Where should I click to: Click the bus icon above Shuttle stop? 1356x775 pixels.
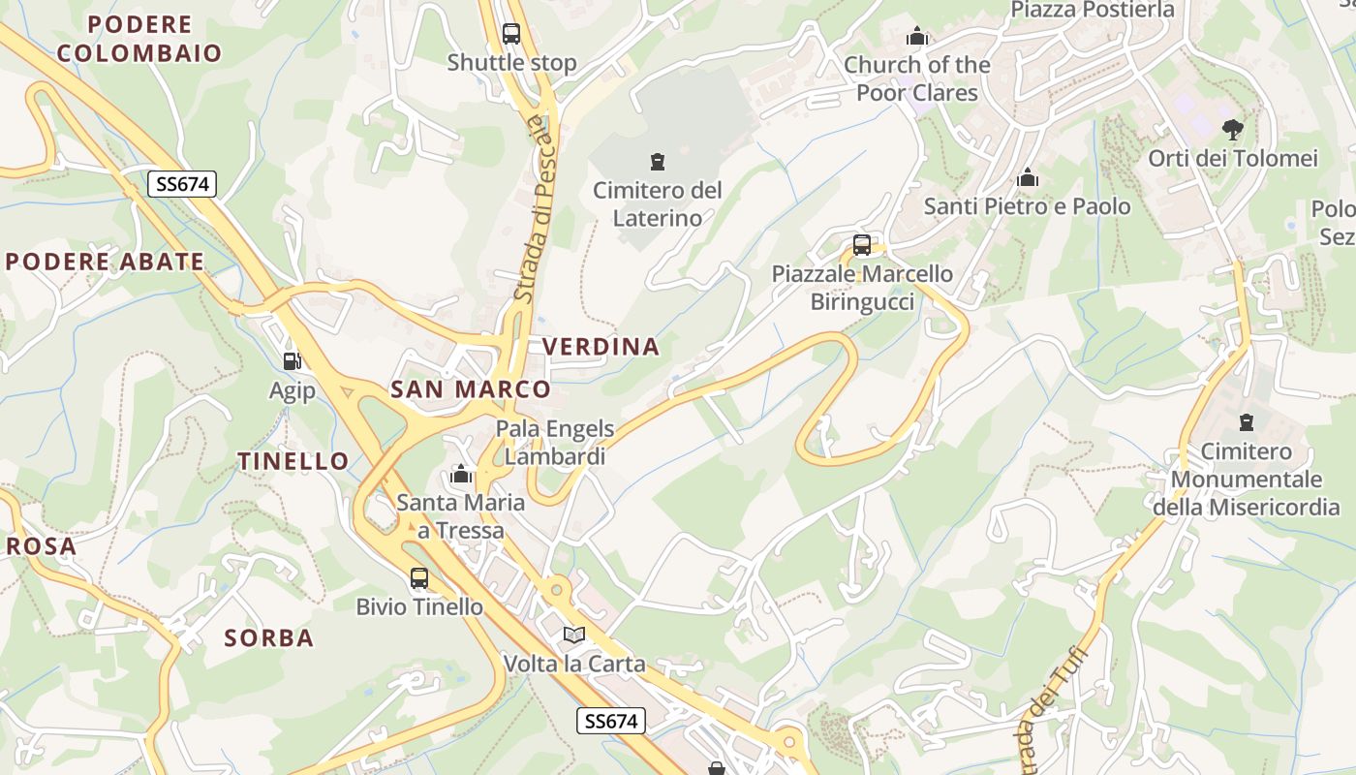511,34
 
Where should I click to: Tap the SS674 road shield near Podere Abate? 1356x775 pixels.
181,184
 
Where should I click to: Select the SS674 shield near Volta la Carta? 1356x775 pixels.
612,721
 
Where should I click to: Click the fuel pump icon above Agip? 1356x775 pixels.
292,361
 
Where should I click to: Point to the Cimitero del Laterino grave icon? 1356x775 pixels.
658,161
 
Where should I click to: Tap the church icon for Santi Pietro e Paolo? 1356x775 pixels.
1028,178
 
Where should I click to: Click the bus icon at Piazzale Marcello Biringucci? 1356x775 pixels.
862,245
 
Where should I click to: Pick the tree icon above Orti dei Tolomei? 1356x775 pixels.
1232,129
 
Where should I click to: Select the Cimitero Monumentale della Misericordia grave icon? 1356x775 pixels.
1246,422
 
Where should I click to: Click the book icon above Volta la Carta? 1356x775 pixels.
574,635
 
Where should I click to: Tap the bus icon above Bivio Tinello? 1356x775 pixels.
419,578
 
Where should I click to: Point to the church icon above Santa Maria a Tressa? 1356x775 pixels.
461,475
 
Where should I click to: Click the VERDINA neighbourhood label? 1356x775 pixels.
601,347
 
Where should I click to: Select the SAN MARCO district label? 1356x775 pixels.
470,389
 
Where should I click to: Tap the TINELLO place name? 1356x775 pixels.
293,461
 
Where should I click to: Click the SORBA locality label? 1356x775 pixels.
269,637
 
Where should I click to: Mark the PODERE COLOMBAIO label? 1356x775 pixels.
139,39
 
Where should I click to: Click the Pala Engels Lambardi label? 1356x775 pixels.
555,443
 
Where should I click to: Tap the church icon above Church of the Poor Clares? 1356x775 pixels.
917,38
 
